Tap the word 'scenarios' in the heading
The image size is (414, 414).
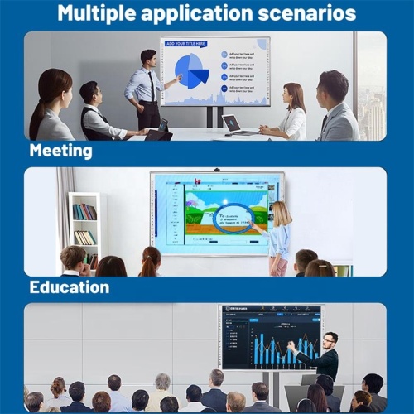coord(309,13)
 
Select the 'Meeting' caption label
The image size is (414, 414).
coord(60,151)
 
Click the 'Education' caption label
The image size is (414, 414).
coord(69,287)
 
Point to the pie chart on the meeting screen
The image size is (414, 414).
coord(192,71)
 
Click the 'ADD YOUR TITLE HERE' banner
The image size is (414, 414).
coord(185,43)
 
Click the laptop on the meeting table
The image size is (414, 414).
coord(233,123)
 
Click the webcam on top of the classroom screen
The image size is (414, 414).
coord(216,169)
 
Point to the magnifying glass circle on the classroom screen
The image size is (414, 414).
coord(233,219)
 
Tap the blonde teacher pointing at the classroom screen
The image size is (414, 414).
coord(280,236)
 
